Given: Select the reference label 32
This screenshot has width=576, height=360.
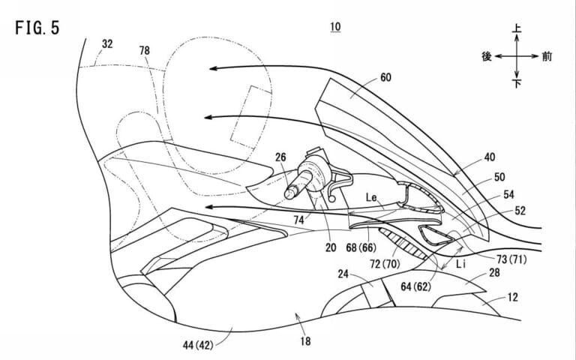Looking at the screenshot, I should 107,44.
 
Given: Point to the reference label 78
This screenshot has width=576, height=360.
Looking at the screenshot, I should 144,50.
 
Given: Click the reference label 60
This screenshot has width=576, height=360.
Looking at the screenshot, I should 385,76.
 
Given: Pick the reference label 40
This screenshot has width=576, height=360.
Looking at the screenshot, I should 489,158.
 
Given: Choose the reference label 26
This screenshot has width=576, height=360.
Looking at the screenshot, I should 281,157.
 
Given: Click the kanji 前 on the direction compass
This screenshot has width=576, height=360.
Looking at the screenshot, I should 550,56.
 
